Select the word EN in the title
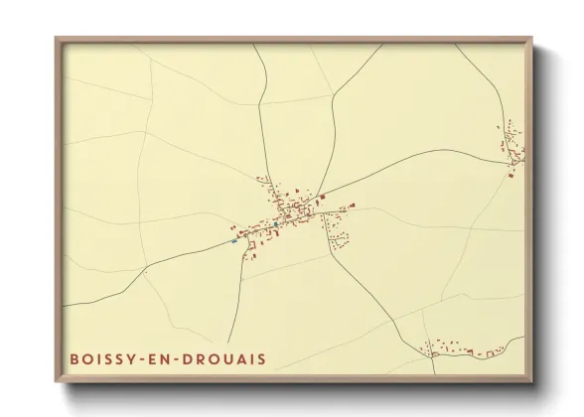tap(163, 358)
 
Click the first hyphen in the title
tap(146, 358)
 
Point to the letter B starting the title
tap(73, 358)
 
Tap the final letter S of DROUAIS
tap(262, 358)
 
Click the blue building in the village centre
tap(276, 224)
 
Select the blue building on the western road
tap(234, 240)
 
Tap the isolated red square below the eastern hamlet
tap(511, 176)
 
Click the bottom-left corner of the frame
tap(57, 380)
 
